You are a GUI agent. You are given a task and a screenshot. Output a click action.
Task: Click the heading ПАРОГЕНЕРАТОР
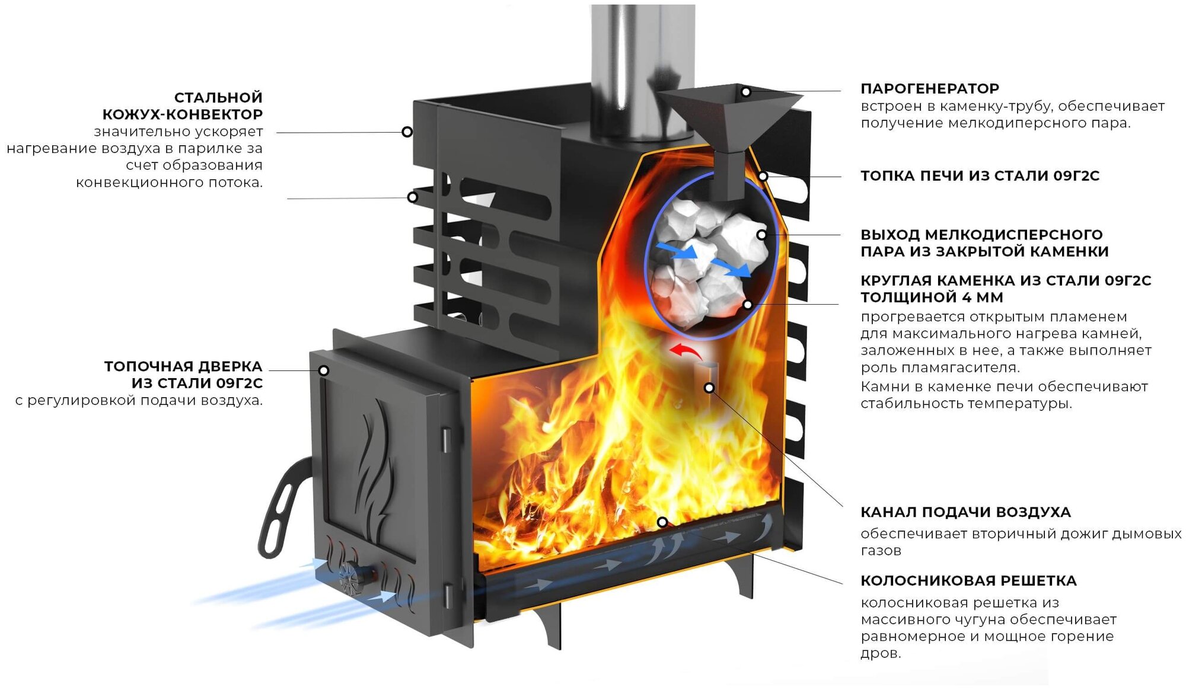929,89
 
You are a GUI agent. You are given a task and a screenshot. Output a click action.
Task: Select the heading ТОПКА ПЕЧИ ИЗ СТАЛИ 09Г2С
980,176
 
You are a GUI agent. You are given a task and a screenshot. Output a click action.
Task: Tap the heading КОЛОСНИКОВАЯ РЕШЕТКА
968,581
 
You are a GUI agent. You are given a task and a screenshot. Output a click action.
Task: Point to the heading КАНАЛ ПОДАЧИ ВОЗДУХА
965,512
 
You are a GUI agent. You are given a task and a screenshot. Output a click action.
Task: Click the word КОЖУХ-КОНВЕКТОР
183,114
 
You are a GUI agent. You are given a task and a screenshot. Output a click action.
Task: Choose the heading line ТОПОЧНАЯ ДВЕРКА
183,366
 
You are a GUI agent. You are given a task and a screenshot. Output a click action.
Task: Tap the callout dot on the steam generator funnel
746,92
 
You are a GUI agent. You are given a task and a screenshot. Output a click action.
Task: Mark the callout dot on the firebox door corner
324,370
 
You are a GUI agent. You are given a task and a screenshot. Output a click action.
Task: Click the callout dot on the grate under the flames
662,522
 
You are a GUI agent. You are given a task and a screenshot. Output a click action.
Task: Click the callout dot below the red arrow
709,388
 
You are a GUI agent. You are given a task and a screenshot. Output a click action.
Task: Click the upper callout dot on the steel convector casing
407,132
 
